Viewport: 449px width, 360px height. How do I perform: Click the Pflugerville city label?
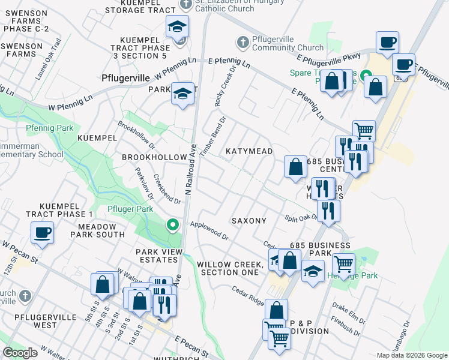[x=124, y=78]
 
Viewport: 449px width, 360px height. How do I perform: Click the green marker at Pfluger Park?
[x=173, y=226]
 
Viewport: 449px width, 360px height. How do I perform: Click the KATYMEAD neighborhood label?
[x=249, y=152]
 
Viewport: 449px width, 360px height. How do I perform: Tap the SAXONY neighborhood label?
[x=249, y=221]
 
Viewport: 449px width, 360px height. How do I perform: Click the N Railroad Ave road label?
[x=191, y=172]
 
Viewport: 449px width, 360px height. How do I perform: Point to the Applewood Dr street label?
[x=209, y=230]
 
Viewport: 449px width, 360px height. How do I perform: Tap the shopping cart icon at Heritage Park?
[x=343, y=263]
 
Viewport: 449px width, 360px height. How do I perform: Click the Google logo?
[x=20, y=353]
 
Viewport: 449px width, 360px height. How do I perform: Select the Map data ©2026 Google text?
[x=411, y=355]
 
